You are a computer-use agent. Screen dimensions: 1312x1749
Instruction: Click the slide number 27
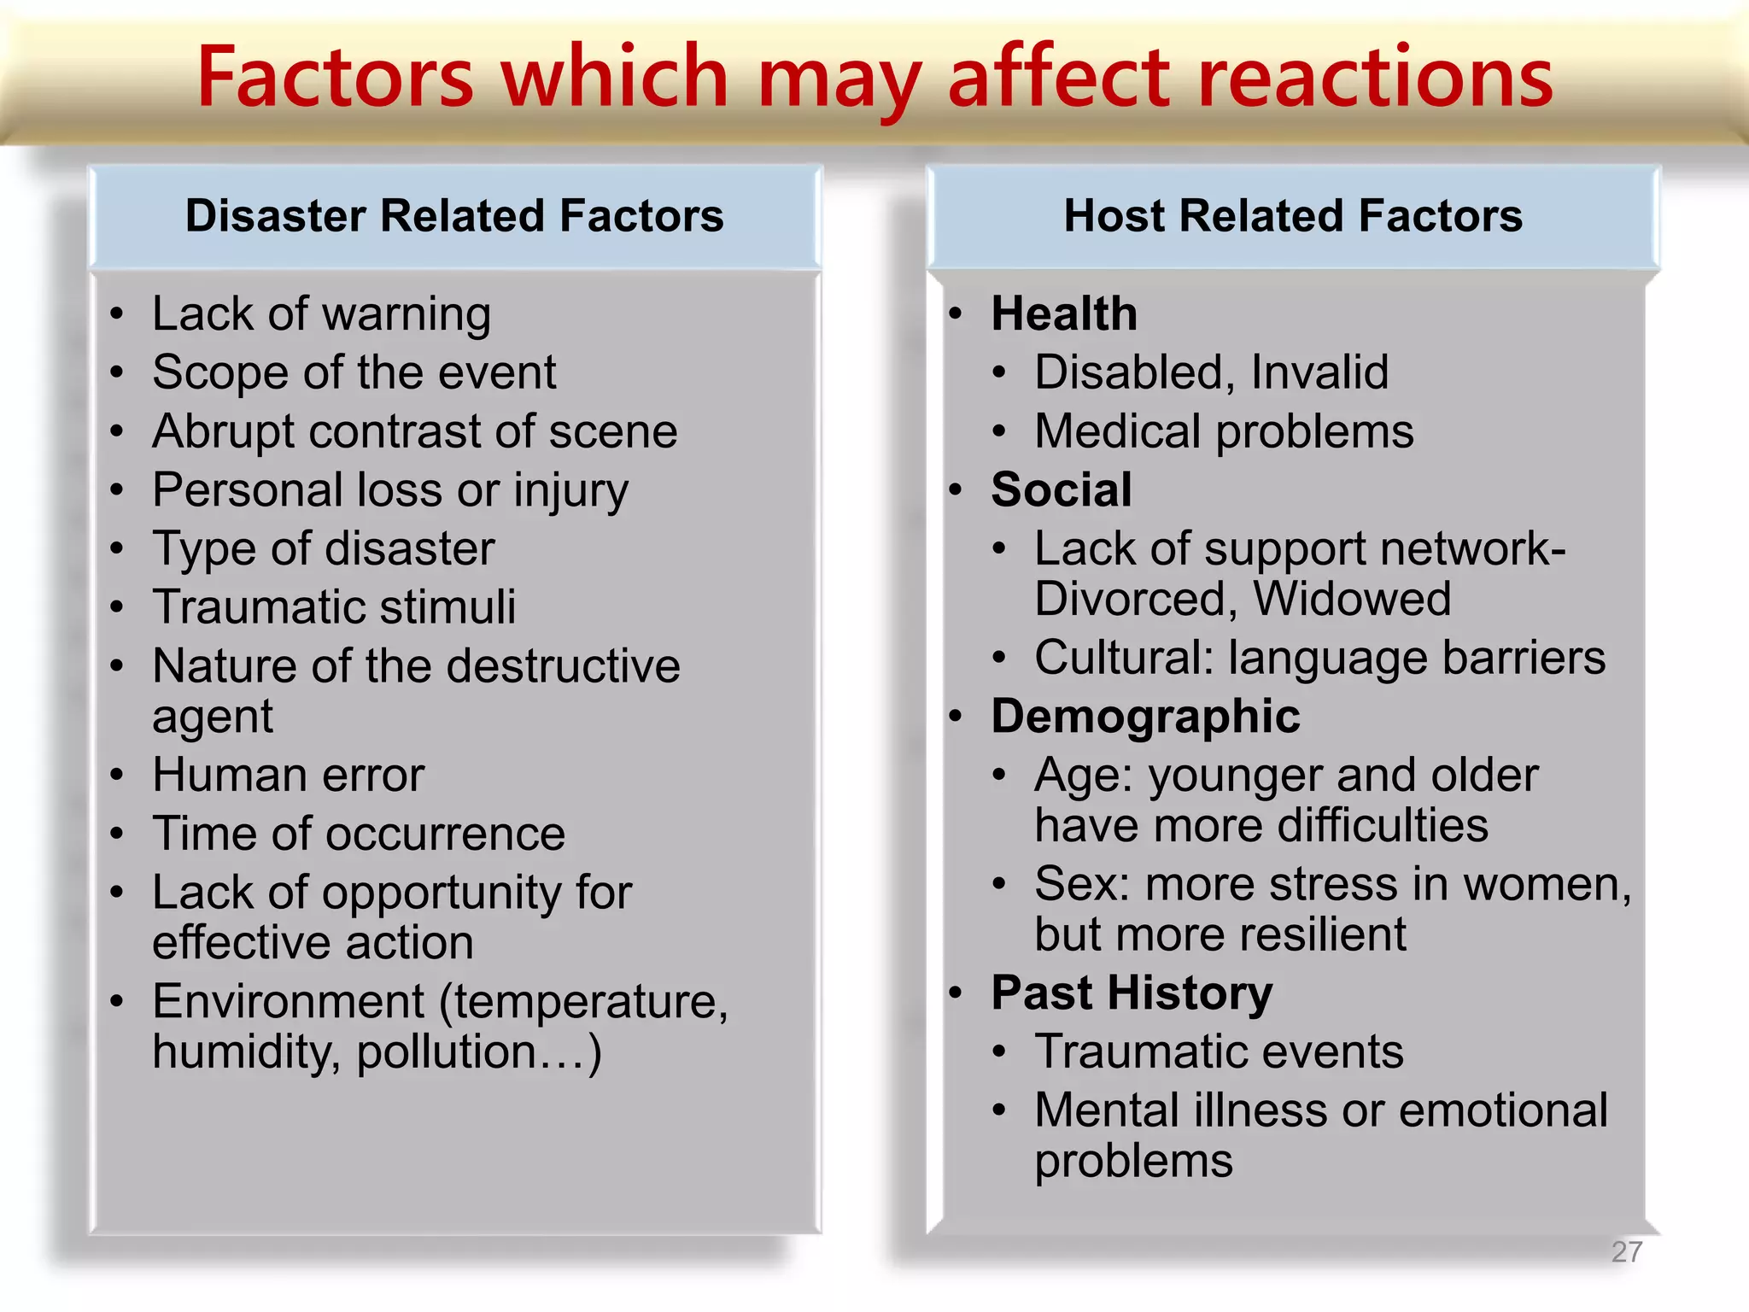coord(1626,1251)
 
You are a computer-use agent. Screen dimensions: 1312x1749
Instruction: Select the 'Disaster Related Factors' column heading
coord(454,215)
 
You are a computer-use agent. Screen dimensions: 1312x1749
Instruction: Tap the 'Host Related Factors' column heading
coord(1293,215)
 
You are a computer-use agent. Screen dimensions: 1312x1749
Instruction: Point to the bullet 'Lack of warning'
coord(321,314)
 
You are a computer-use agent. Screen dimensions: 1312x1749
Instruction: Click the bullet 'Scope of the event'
coord(354,373)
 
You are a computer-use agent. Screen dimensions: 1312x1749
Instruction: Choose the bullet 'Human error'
coord(288,776)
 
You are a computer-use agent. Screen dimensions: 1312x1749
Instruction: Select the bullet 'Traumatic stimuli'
coord(334,607)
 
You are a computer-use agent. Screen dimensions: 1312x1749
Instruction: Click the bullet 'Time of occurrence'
coord(359,834)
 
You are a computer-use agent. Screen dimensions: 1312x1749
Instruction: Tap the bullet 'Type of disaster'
coord(323,548)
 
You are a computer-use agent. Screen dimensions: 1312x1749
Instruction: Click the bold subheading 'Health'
coord(1064,313)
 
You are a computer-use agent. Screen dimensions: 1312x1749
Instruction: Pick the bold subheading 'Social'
coord(1062,490)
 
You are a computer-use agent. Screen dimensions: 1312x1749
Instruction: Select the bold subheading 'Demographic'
coord(1145,717)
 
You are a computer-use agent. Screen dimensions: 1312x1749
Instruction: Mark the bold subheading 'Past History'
coord(1132,993)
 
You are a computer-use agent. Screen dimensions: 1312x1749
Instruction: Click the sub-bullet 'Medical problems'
coord(1224,431)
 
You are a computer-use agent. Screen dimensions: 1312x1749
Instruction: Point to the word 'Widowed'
coord(1353,599)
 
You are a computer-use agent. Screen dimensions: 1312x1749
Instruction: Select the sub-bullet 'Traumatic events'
coord(1219,1051)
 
